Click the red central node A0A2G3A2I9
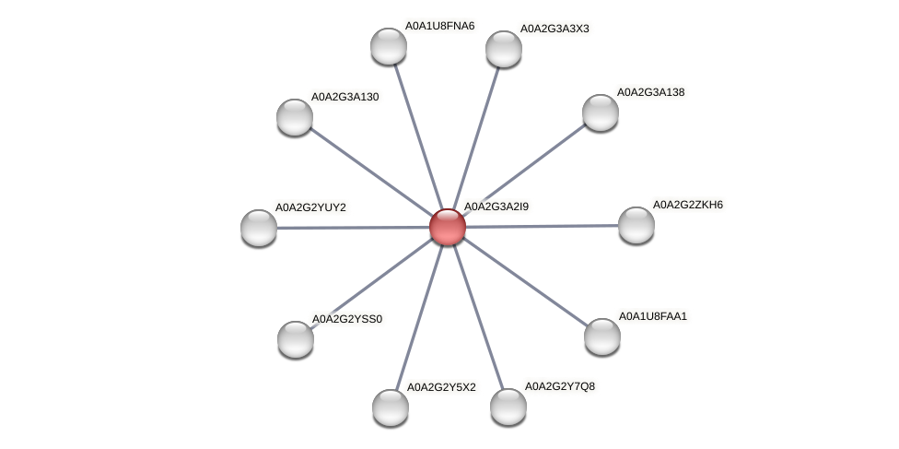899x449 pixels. tap(448, 227)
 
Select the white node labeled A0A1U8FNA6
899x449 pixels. tap(389, 46)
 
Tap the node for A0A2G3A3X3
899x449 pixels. tap(504, 49)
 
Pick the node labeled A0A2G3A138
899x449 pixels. tap(601, 112)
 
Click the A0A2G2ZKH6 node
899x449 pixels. tap(636, 225)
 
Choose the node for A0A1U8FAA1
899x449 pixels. tap(602, 337)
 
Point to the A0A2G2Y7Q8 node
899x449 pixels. tap(508, 407)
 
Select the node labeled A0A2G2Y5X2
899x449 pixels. tap(391, 408)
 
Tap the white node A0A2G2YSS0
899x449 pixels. tap(296, 339)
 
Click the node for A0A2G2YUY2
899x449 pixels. tap(259, 228)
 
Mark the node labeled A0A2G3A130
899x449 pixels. tap(295, 117)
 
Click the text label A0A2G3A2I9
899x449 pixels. tap(496, 207)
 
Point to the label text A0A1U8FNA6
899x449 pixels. tap(439, 26)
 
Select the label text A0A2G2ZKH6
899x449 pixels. tap(687, 205)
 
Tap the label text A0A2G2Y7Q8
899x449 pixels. tap(559, 385)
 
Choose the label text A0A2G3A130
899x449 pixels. tap(344, 97)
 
